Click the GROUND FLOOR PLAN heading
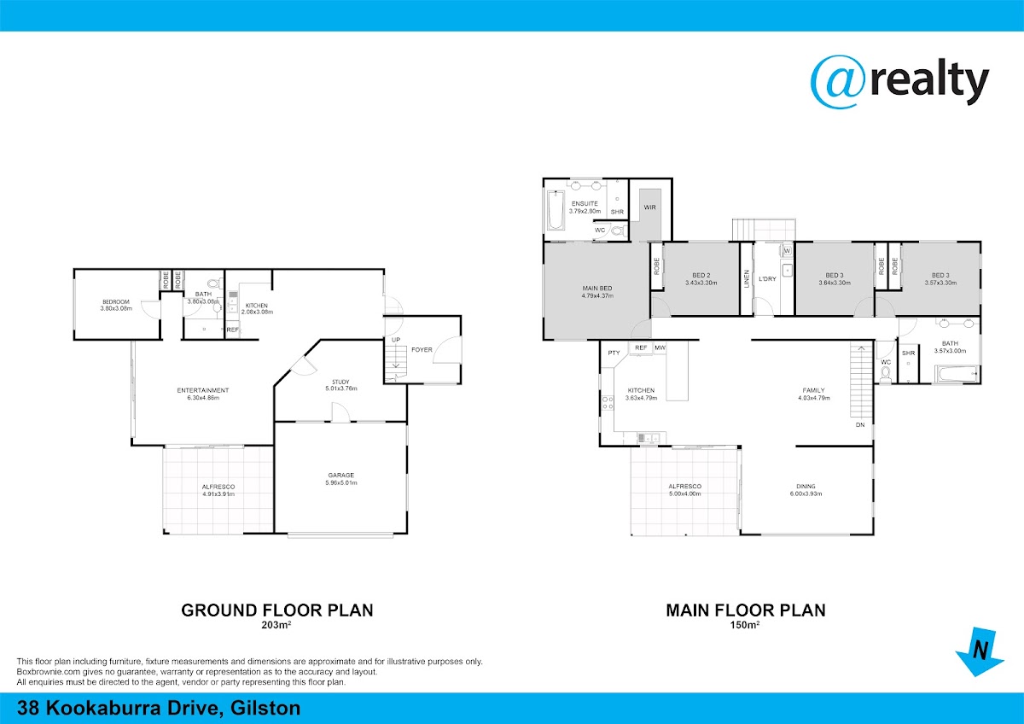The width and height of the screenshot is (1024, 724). click(x=277, y=610)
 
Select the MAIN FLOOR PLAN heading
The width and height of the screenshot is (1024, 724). click(x=746, y=610)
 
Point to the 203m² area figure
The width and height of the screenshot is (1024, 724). click(x=276, y=625)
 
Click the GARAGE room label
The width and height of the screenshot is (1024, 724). click(x=341, y=476)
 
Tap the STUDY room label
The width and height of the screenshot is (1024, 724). click(x=340, y=382)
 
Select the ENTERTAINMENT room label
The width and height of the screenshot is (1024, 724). click(x=203, y=390)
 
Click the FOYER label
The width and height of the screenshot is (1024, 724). click(x=422, y=350)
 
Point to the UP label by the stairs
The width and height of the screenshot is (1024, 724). click(x=396, y=340)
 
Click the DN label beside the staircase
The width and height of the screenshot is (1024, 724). click(x=860, y=425)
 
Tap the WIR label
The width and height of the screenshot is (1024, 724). click(x=649, y=207)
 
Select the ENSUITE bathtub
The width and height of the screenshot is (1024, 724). click(x=556, y=210)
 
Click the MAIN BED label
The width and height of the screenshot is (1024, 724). click(x=597, y=288)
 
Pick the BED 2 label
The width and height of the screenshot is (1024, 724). click(x=701, y=275)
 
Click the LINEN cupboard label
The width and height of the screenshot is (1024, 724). click(x=747, y=278)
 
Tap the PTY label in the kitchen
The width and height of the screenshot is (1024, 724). click(x=614, y=353)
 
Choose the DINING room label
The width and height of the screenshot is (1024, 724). click(x=806, y=486)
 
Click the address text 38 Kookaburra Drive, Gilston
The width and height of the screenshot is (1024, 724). click(x=159, y=709)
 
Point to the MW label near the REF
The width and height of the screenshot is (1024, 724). click(x=660, y=348)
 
